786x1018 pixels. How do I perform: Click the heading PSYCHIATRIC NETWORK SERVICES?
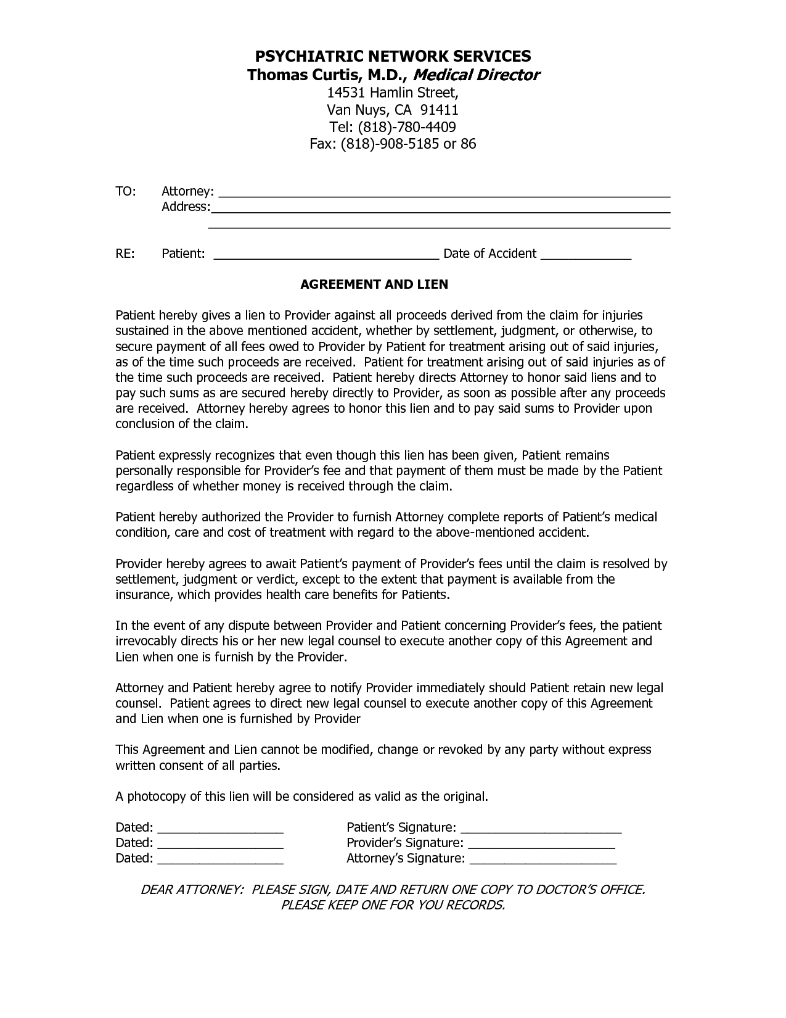(393, 56)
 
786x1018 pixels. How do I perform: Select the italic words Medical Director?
(475, 75)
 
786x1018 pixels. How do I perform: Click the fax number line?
(393, 144)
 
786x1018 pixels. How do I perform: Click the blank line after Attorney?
(444, 192)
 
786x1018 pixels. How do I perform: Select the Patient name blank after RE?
(325, 255)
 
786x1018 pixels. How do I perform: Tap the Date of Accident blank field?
(586, 255)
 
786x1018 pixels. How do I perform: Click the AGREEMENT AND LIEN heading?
(374, 284)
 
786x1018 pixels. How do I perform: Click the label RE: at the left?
(125, 254)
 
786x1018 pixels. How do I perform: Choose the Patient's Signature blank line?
(541, 829)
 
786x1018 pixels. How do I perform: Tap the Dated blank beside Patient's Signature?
(220, 829)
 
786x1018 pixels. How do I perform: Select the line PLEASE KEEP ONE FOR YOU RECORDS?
(393, 905)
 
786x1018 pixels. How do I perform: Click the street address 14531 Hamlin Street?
(392, 93)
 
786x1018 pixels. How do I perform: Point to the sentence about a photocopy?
(301, 797)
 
